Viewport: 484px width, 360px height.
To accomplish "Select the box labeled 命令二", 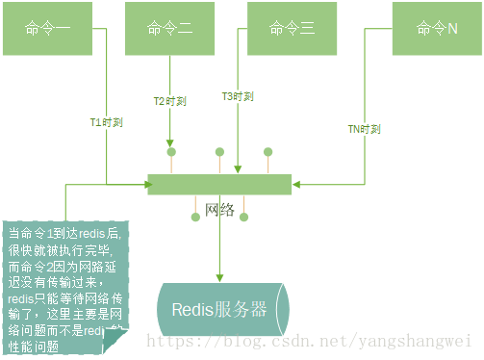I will [x=171, y=28].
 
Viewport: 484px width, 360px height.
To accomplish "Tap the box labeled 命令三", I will [x=293, y=28].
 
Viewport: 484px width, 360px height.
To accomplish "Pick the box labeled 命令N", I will [x=437, y=28].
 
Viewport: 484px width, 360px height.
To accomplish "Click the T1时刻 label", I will [x=107, y=123].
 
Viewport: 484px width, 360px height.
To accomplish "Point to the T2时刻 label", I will [x=170, y=100].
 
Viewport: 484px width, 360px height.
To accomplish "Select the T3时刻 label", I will [x=238, y=96].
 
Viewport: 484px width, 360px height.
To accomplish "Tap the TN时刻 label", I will [x=365, y=129].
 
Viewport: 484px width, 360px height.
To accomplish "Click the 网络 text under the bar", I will [x=220, y=211].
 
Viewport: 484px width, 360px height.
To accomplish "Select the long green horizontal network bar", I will [x=222, y=184].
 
